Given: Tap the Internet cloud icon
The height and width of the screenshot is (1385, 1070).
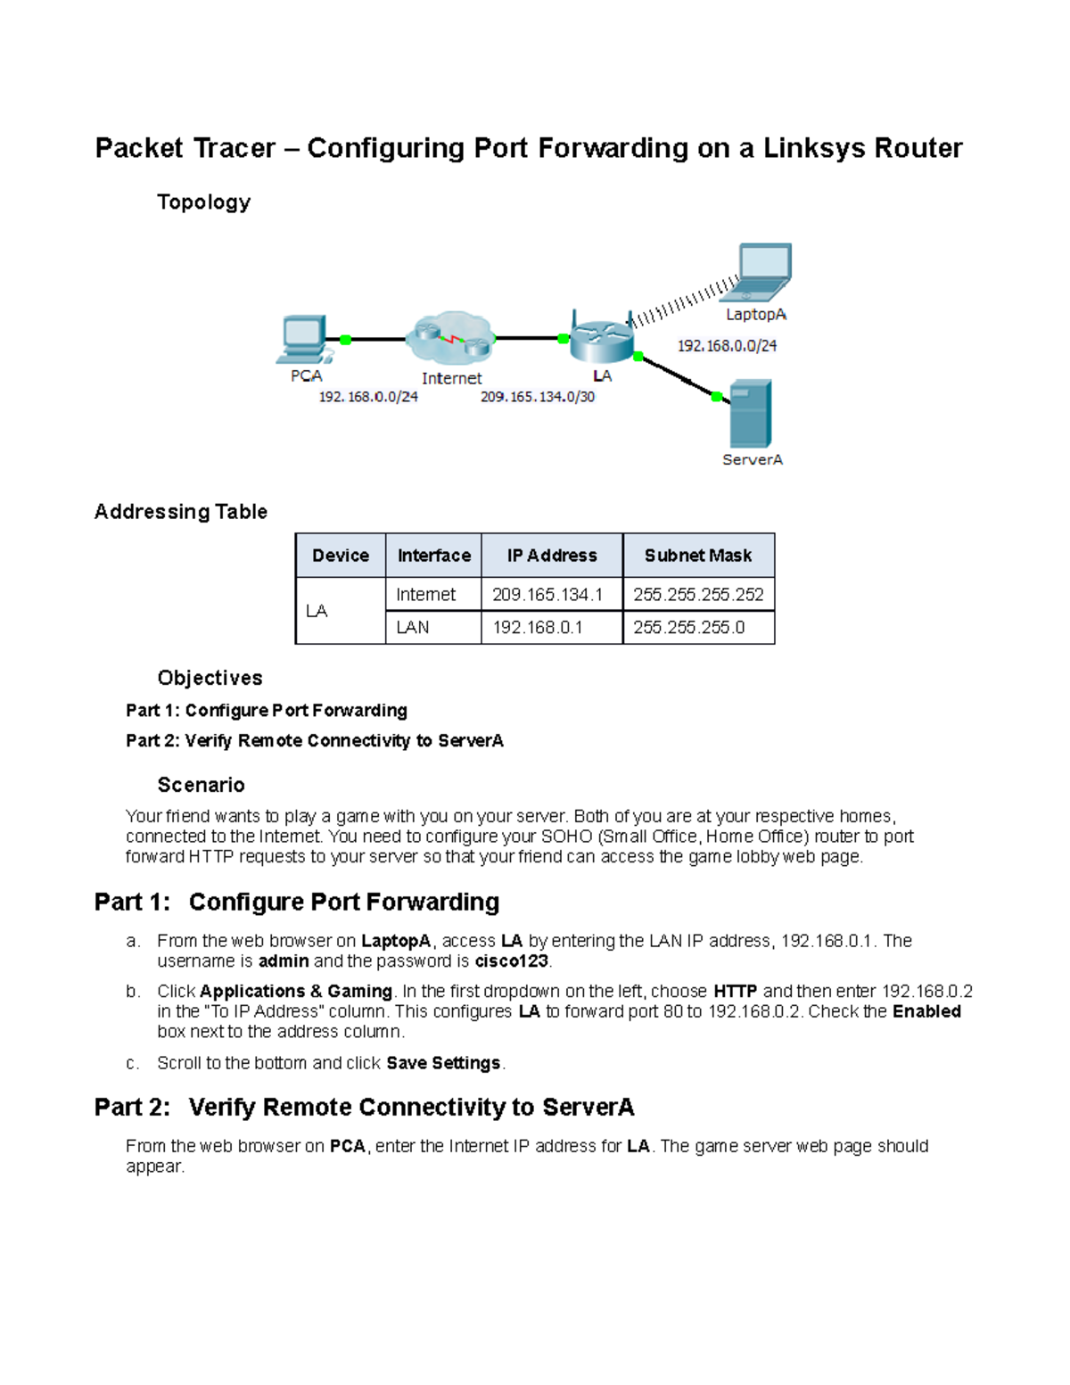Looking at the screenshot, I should [x=450, y=339].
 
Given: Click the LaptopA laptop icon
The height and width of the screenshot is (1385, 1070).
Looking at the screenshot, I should [x=763, y=272].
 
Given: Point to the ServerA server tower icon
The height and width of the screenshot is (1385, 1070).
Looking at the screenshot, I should [x=750, y=414].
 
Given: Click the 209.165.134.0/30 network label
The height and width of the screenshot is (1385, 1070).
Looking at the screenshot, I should [x=538, y=397].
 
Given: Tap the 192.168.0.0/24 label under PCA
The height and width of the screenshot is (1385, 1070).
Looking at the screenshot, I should [x=368, y=397].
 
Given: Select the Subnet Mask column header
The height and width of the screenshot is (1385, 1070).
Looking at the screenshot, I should [x=698, y=556].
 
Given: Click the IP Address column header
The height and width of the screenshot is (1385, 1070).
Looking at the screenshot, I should [x=552, y=556].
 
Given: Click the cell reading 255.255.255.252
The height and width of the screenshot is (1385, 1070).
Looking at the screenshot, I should [x=698, y=595].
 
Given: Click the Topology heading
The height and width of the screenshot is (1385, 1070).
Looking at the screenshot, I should [x=203, y=202].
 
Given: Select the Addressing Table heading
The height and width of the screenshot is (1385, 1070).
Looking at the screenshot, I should [x=181, y=512].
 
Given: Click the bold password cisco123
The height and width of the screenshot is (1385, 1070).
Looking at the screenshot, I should [x=511, y=961].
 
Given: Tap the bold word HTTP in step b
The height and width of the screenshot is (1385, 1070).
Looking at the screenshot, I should [x=735, y=992].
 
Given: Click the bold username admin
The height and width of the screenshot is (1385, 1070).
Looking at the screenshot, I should [x=284, y=961].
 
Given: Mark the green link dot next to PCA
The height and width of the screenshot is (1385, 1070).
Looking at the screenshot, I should [x=346, y=340].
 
